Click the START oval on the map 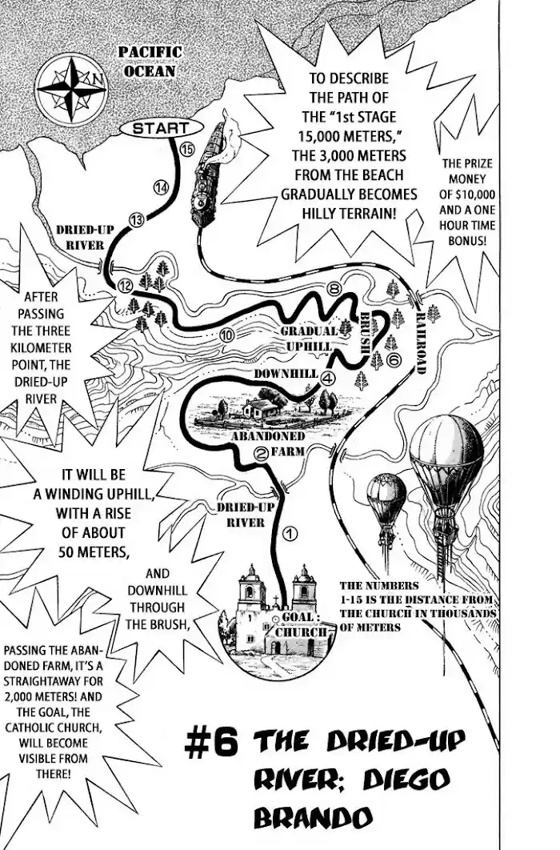click(x=160, y=129)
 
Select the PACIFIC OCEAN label click(x=150, y=62)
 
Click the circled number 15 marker click(x=186, y=150)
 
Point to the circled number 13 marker click(x=137, y=220)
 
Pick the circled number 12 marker click(x=125, y=286)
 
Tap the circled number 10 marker click(x=227, y=335)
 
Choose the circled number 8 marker click(x=334, y=288)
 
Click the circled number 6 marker click(x=393, y=359)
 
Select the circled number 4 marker click(x=327, y=379)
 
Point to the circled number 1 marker click(x=290, y=533)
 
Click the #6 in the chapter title click(x=211, y=744)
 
